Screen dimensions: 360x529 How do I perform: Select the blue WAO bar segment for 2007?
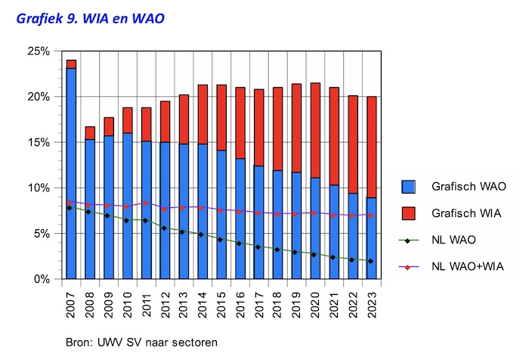pyautogui.click(x=71, y=174)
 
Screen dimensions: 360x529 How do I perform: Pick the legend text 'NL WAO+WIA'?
pyautogui.click(x=466, y=267)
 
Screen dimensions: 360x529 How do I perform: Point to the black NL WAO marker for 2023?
pyautogui.click(x=371, y=261)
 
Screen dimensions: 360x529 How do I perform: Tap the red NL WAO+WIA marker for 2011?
pyautogui.click(x=146, y=203)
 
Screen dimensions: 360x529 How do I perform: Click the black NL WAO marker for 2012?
pyautogui.click(x=165, y=228)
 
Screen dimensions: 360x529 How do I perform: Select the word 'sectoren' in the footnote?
pyautogui.click(x=196, y=343)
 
